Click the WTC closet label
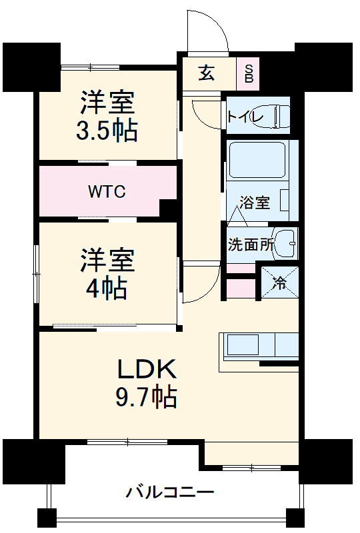(x=107, y=192)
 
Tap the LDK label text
(x=147, y=368)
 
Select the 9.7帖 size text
(x=147, y=397)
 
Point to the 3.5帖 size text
(x=107, y=131)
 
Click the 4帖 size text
(x=107, y=287)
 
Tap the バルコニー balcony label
(x=170, y=493)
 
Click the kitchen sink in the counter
(x=243, y=346)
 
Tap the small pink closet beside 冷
(x=241, y=288)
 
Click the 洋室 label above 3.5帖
(x=107, y=103)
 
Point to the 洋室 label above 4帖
(x=107, y=260)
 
